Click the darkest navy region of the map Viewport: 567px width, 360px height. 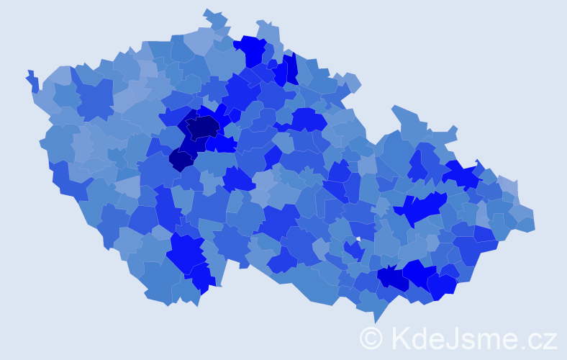[x=203, y=127]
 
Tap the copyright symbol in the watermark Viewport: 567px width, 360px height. [x=371, y=337]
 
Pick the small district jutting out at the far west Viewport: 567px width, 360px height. [x=32, y=80]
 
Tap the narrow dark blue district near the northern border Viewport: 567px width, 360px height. [x=291, y=68]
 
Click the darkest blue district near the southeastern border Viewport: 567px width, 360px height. [x=394, y=278]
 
